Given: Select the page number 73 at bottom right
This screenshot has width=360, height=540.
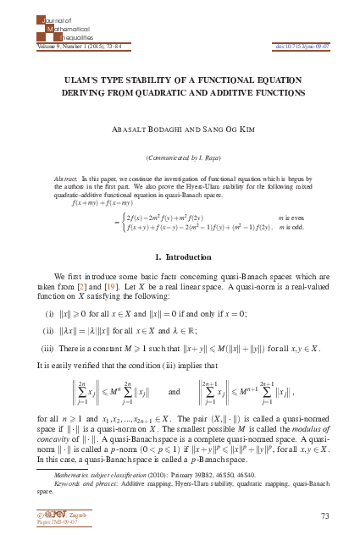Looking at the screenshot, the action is tap(324, 515).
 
